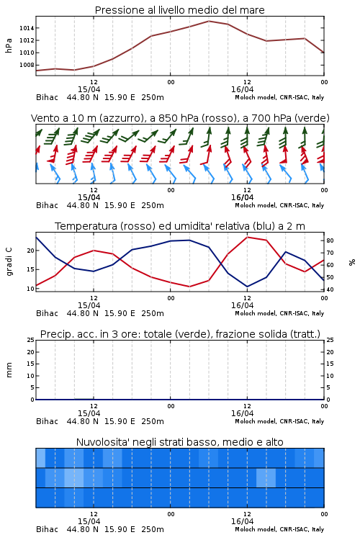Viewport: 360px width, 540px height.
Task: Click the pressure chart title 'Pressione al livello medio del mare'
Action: click(x=179, y=10)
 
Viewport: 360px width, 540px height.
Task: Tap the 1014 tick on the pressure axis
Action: click(x=27, y=28)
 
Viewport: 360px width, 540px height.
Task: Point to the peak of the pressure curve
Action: click(x=209, y=21)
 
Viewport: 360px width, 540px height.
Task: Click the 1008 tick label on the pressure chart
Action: click(x=27, y=65)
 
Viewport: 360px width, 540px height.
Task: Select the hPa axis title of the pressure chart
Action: click(x=9, y=45)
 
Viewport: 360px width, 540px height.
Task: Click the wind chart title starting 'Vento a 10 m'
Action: click(x=180, y=118)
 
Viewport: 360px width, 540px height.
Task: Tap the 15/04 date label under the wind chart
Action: click(x=89, y=197)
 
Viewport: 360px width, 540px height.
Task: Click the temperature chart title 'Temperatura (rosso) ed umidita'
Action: click(x=180, y=226)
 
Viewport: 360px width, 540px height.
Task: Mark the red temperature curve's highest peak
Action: click(x=248, y=237)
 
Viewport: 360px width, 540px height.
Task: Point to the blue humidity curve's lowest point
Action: click(x=248, y=287)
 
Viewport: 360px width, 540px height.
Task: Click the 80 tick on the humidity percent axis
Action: click(x=330, y=240)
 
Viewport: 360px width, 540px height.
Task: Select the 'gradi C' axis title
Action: click(x=9, y=261)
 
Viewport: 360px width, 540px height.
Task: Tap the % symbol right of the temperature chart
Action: click(x=352, y=262)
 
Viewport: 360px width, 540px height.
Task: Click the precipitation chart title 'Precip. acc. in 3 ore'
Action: click(x=180, y=334)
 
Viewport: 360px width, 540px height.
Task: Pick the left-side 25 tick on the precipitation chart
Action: click(x=31, y=340)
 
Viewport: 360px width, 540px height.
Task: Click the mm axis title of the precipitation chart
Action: click(x=9, y=370)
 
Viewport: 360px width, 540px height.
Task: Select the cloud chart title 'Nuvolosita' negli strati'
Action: click(x=179, y=442)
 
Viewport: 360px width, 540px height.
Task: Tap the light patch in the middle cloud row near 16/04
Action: click(x=266, y=477)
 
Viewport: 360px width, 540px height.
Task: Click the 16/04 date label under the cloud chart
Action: click(x=242, y=521)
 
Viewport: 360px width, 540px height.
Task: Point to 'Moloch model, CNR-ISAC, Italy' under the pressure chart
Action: click(x=279, y=97)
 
